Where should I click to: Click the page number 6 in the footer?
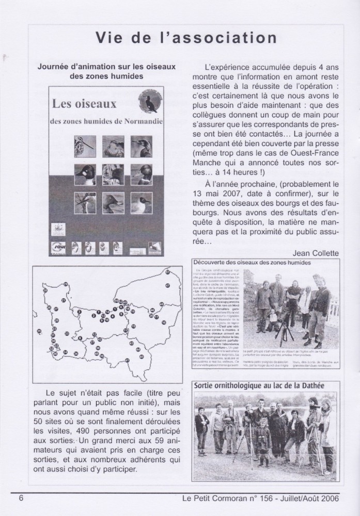pos(21,498)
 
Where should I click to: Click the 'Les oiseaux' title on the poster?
pos(84,103)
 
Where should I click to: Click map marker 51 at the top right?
pos(167,272)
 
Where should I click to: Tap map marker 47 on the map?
pos(168,285)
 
